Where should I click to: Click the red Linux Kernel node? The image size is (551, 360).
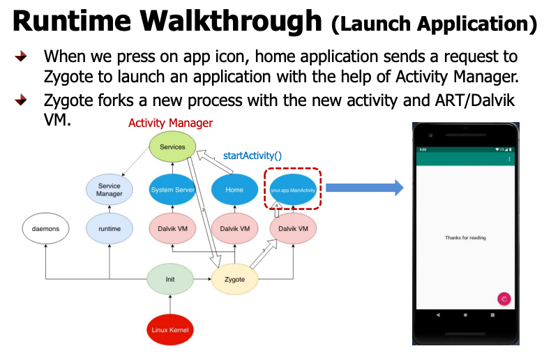point(170,329)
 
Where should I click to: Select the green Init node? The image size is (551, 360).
point(169,279)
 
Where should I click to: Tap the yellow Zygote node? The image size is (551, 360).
point(235,279)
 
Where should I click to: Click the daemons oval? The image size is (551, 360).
point(45,228)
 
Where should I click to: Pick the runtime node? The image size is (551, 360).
point(110,228)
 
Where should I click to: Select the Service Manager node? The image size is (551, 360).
point(110,190)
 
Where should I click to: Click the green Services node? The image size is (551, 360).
point(172,147)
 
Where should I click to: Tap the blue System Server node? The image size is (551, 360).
point(172,190)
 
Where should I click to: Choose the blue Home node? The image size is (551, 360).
point(235,190)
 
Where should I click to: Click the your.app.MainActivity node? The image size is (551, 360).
point(293,190)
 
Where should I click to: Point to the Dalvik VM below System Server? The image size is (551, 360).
point(172,228)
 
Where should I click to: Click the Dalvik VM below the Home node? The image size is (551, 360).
point(235,228)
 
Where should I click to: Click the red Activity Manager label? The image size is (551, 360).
point(170,123)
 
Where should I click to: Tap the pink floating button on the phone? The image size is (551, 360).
point(504,299)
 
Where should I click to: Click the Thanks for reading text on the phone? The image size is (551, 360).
point(465,238)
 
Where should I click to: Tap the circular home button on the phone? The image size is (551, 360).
point(465,315)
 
